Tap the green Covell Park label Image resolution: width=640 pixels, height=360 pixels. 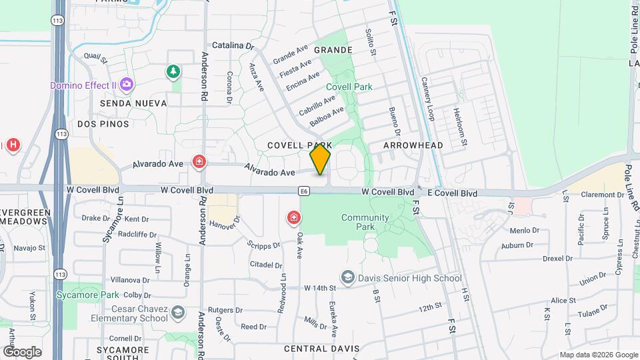[x=349, y=87]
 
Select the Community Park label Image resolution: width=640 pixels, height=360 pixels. [x=365, y=223]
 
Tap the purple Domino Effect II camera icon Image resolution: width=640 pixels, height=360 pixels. [x=127, y=85]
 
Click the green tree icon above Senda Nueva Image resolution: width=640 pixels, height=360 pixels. [x=173, y=71]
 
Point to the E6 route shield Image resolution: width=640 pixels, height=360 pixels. [x=304, y=191]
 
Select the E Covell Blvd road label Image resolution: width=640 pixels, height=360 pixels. [x=452, y=193]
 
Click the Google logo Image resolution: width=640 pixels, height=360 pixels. [x=22, y=351]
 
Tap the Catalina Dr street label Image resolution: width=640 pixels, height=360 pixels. [x=233, y=47]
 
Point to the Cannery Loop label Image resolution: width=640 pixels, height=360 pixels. [x=427, y=99]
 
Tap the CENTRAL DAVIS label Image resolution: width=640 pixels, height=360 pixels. [x=321, y=349]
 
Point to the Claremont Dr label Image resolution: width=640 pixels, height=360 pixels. [x=601, y=195]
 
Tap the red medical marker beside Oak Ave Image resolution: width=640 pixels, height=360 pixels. [x=293, y=217]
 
